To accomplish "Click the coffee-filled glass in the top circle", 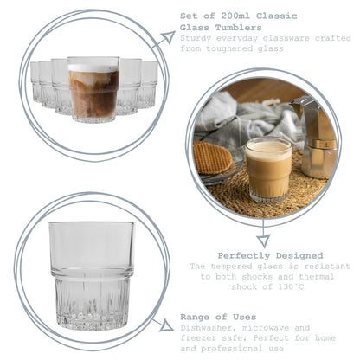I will point(93,89).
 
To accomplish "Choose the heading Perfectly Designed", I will point(269,256).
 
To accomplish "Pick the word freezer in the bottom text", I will point(199,340).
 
